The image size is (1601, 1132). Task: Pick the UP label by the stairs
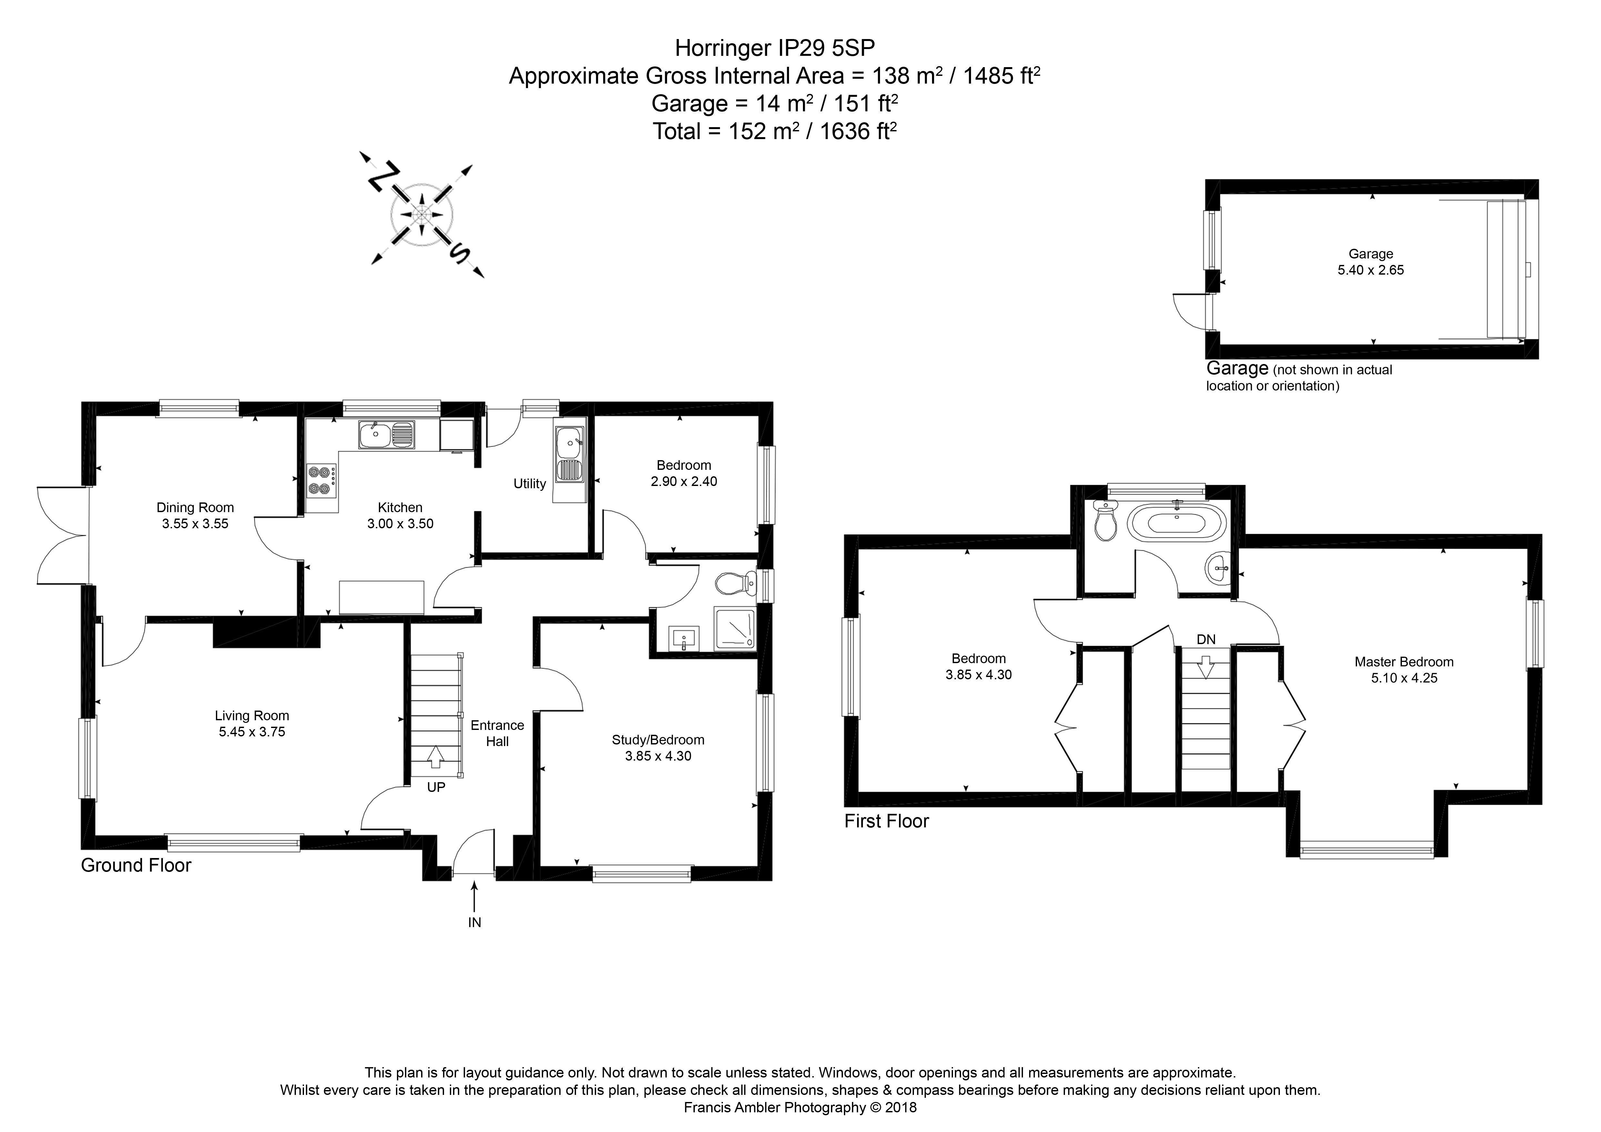pyautogui.click(x=436, y=787)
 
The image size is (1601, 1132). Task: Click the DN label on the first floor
pyautogui.click(x=1206, y=639)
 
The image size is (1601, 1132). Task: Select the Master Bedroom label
pyautogui.click(x=1404, y=662)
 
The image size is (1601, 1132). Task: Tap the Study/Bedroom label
pyautogui.click(x=658, y=740)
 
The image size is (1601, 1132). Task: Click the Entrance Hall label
pyautogui.click(x=497, y=733)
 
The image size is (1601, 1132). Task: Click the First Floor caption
pyautogui.click(x=886, y=821)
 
